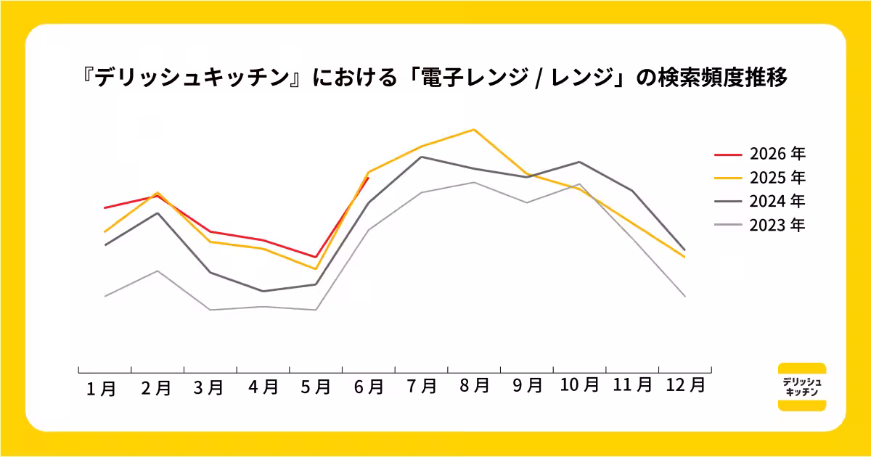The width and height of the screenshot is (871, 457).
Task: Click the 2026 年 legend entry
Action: click(760, 154)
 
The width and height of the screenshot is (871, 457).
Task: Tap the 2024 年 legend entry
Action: click(760, 202)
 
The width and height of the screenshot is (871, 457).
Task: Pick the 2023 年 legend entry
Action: click(760, 225)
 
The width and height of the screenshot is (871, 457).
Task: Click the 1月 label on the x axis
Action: click(101, 389)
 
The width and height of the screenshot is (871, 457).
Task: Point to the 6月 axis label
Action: click(369, 387)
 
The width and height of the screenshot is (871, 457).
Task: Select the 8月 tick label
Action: click(475, 385)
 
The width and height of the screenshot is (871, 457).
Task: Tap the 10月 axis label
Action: click(579, 384)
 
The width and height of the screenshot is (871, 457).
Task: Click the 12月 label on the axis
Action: click(685, 385)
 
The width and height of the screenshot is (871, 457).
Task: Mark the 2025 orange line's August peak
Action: click(474, 130)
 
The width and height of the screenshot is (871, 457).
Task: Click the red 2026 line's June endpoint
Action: click(368, 178)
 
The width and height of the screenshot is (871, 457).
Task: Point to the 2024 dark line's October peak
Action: click(579, 162)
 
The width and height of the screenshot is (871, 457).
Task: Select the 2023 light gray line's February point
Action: click(158, 271)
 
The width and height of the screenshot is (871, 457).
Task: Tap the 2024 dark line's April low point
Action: click(263, 291)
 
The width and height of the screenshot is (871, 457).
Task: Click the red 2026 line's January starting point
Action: click(105, 208)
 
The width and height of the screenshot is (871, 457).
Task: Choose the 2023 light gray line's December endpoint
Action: click(684, 297)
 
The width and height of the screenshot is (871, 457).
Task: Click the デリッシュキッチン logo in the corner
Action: click(802, 387)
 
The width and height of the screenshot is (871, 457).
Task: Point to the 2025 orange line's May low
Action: click(315, 269)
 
